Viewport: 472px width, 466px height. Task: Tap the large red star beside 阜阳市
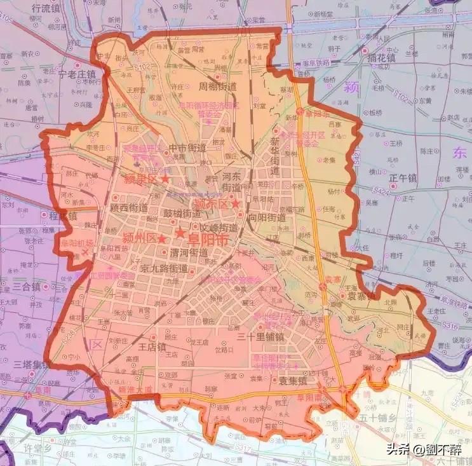pos(180,233)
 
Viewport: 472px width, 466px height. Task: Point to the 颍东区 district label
pos(211,204)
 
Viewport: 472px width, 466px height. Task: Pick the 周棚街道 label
pos(217,86)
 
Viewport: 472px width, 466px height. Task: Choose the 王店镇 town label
pos(152,347)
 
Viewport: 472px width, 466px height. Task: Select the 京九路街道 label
pos(164,269)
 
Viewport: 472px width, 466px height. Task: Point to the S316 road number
pos(433,325)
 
